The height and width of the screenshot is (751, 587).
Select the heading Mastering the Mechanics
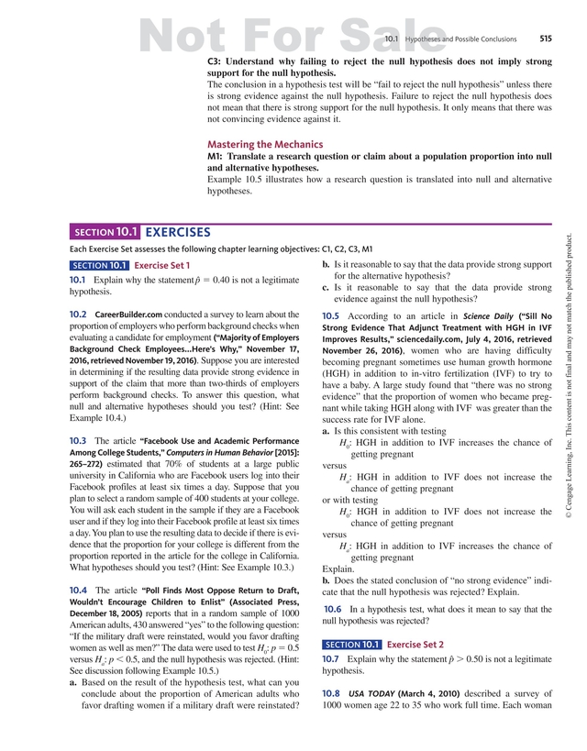[x=265, y=144]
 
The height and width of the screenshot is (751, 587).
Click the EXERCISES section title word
[x=178, y=233]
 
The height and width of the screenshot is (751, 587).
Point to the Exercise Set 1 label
[x=162, y=266]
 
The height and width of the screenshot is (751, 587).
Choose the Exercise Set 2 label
[x=415, y=645]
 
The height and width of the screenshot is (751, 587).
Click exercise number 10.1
[x=78, y=279]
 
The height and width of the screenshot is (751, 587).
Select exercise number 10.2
[x=78, y=315]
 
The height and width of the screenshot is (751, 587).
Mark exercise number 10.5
[x=331, y=315]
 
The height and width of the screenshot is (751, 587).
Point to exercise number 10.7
[x=331, y=658]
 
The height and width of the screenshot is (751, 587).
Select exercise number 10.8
[x=331, y=693]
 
